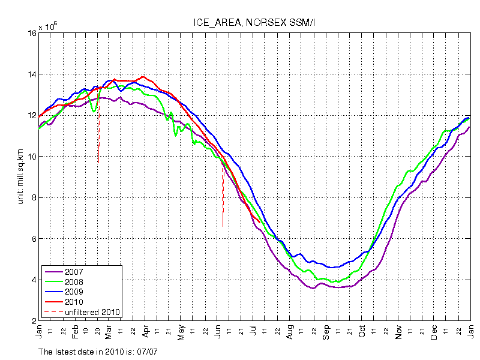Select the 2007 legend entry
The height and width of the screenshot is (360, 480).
click(73, 272)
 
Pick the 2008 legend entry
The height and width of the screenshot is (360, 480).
click(73, 281)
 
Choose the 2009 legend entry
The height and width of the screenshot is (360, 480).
click(73, 292)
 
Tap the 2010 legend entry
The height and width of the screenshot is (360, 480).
click(73, 301)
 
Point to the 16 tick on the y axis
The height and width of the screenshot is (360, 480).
click(31, 34)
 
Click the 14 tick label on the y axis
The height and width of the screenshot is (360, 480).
click(31, 74)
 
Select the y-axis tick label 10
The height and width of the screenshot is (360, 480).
click(31, 157)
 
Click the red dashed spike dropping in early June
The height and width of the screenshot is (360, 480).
click(223, 198)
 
